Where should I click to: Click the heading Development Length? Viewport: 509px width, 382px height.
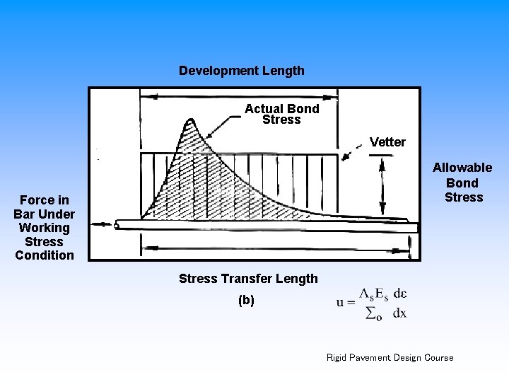tap(242, 71)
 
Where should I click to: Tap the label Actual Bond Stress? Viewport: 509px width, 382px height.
tap(281, 115)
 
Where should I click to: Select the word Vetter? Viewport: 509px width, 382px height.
tap(387, 142)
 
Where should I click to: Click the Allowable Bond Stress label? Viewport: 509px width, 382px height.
tap(462, 183)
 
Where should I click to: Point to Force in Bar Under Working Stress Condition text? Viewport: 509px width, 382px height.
tap(44, 228)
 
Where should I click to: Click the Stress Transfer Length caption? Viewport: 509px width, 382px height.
tap(248, 279)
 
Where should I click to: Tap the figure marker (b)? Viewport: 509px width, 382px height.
tap(246, 300)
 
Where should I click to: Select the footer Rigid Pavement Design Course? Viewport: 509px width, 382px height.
tap(390, 357)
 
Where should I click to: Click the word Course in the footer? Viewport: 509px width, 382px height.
tap(438, 357)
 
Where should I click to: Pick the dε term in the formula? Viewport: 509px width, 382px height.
tap(399, 294)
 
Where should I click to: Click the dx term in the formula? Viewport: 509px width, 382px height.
tap(399, 313)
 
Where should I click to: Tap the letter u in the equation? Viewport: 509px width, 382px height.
tap(340, 303)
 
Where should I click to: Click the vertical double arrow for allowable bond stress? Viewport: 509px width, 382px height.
tap(382, 185)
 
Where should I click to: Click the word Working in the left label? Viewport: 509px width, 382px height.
tap(44, 228)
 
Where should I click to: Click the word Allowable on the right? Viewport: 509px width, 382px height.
tap(462, 168)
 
